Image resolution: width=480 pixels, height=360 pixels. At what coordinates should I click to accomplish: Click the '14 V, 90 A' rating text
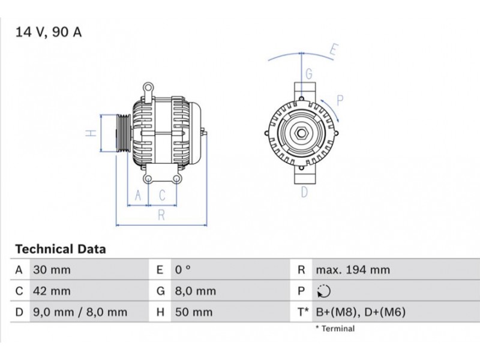pos(49,32)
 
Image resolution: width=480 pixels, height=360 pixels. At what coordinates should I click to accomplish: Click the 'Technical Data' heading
pos(61,249)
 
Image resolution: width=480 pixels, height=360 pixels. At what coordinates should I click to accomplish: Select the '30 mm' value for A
pos(52,270)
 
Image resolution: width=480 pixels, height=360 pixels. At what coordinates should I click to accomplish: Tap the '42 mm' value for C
pos(52,291)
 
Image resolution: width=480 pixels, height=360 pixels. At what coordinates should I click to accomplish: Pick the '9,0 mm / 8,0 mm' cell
pos(80,312)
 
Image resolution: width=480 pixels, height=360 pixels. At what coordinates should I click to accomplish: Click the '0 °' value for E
pos(183,270)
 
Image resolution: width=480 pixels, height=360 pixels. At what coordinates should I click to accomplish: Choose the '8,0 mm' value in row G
pos(196,291)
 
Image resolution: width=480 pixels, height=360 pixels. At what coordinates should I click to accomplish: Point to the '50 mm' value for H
pos(194,312)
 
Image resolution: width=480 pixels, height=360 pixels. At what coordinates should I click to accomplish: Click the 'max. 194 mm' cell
pos(353,270)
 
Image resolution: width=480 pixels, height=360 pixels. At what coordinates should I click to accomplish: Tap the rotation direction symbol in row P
pos(324,291)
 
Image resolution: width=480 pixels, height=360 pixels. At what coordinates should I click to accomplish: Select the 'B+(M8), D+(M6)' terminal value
pos(361,312)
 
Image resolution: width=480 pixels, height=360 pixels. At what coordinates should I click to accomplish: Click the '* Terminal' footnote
pos(335,329)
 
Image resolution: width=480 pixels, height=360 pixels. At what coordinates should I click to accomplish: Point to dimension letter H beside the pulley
pos(91,133)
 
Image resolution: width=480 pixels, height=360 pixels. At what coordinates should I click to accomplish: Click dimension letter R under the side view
pos(161,215)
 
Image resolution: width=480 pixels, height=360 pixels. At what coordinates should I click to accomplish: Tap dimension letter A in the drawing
pos(138,196)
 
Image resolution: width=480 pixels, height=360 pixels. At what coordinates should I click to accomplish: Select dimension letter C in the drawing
pos(162,196)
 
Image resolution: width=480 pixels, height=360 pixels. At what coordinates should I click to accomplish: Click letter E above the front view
pos(334,50)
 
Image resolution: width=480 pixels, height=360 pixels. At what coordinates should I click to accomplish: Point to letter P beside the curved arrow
pos(340,100)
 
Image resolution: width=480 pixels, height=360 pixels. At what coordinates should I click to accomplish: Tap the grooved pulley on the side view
pos(124,133)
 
